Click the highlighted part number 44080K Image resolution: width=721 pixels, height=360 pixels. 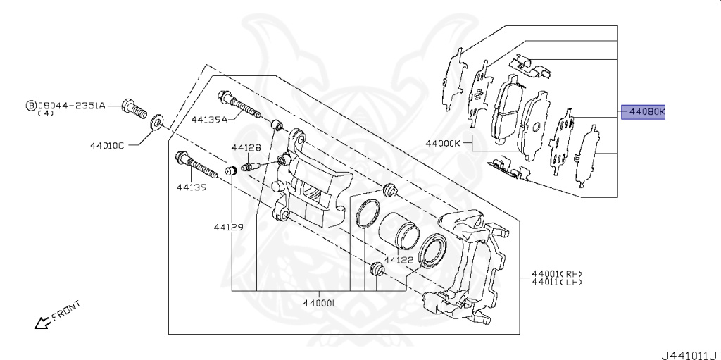coord(643,111)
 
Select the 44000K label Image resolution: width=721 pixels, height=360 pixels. coord(442,143)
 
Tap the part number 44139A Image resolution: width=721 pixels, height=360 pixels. coord(209,120)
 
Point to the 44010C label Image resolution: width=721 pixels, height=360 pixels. coord(107,147)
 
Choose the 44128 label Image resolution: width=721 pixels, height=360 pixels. coord(246,148)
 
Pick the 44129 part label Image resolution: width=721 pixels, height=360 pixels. coord(230,227)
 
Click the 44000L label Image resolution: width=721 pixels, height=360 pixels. coord(320,304)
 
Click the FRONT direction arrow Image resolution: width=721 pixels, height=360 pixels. coord(44,323)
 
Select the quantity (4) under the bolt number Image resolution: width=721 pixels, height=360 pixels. coord(45,113)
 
